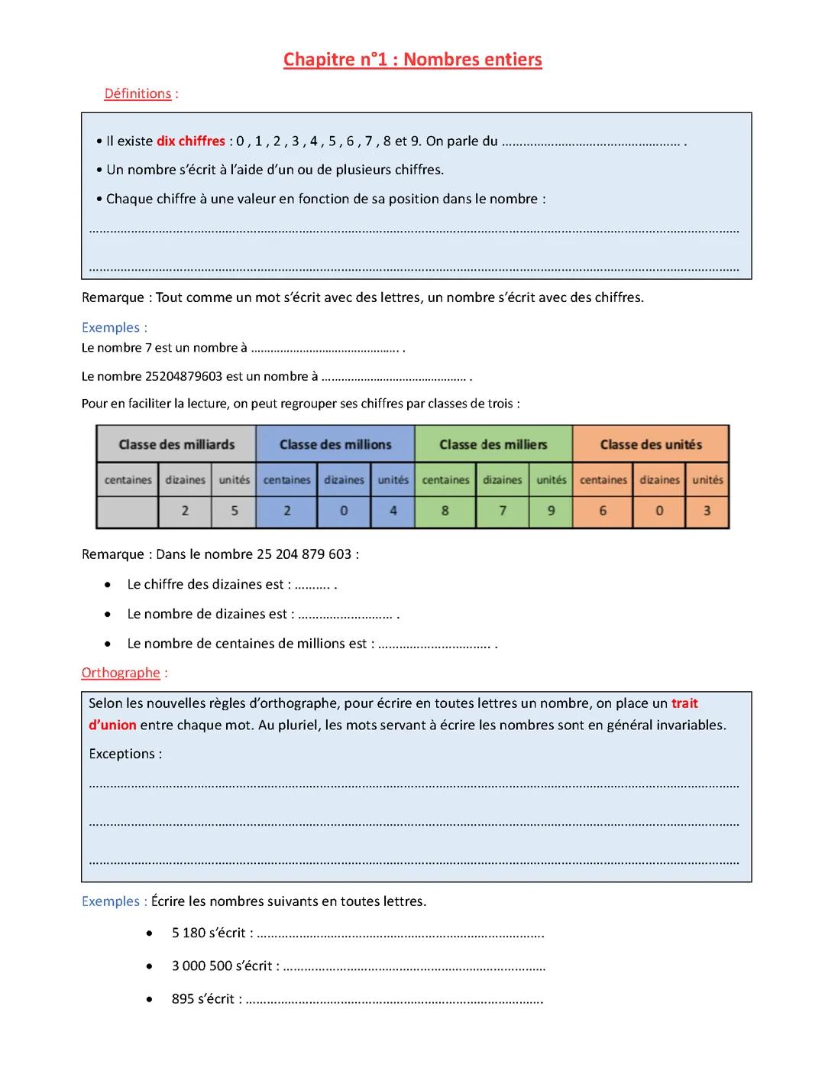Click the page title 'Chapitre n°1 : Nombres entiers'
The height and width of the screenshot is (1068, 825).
tap(412, 60)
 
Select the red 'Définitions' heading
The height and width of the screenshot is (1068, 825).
tap(137, 93)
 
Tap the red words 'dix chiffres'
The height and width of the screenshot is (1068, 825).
tap(191, 141)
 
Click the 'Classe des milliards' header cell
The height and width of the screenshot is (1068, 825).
tap(176, 444)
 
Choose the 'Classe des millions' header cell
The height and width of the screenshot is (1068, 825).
tap(335, 444)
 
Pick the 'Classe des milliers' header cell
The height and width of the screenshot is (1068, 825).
tap(493, 444)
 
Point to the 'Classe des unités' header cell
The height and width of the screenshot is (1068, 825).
tap(651, 444)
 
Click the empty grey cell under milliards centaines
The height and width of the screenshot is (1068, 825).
tap(128, 511)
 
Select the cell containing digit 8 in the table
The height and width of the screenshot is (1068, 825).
tap(445, 511)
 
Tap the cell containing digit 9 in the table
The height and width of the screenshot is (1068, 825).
tap(552, 511)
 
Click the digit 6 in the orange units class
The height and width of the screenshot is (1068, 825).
tap(603, 511)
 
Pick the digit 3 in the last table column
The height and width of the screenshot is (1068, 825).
tap(707, 511)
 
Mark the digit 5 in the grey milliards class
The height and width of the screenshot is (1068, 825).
tap(235, 511)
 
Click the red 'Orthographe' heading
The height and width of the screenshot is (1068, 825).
tap(121, 673)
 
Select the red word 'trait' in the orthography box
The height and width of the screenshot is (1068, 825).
tap(684, 703)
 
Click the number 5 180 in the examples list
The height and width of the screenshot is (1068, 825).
tap(188, 933)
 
